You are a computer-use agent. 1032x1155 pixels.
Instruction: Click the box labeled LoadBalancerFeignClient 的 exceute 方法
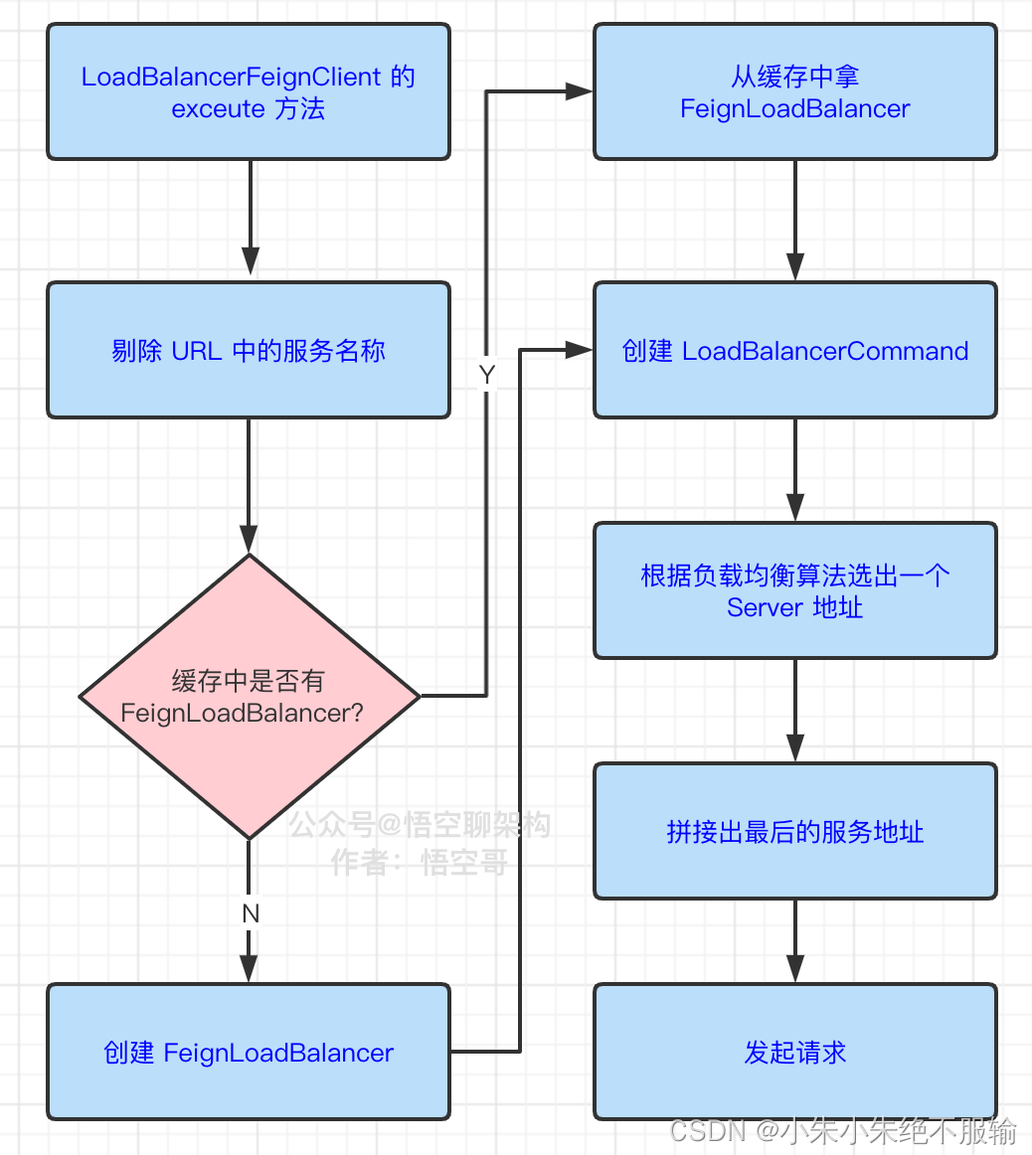(249, 91)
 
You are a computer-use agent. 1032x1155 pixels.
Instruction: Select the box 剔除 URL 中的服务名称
(249, 350)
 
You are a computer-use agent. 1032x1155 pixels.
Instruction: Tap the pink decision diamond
(249, 696)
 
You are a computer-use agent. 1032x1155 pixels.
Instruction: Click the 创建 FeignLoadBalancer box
(249, 1052)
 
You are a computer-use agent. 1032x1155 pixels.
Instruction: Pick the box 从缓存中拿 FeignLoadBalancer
(795, 91)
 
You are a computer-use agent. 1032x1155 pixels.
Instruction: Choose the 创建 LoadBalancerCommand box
(795, 350)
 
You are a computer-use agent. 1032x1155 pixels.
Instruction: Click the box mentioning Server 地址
(795, 590)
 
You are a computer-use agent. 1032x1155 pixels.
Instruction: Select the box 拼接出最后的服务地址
(795, 831)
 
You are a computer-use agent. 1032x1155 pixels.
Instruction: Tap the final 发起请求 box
(795, 1052)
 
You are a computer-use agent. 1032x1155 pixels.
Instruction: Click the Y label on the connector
(486, 375)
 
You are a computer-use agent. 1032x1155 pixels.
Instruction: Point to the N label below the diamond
(250, 913)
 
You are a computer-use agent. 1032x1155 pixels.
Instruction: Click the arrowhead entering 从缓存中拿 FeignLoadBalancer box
(580, 91)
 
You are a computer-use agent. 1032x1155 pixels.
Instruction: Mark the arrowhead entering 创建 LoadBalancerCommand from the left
(580, 349)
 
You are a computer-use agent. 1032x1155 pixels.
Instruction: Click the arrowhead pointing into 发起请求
(795, 969)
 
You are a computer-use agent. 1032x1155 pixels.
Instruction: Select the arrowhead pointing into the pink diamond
(249, 539)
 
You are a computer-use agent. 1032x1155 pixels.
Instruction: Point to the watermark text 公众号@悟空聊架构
(420, 824)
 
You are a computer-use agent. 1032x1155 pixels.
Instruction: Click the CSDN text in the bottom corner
(707, 1131)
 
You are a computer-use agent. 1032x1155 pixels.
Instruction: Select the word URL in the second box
(197, 351)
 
